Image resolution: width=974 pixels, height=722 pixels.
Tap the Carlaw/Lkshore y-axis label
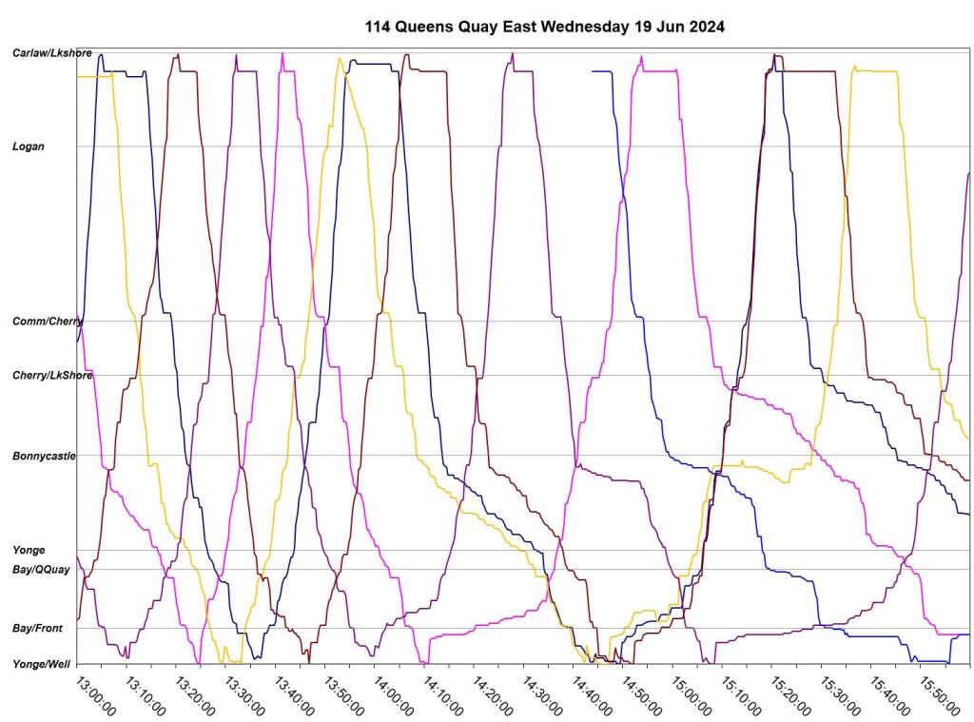[x=51, y=53]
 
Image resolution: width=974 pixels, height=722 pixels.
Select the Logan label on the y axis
[x=29, y=146]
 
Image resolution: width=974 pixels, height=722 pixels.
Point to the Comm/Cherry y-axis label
[x=47, y=322]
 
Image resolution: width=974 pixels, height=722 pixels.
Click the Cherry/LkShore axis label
[x=51, y=376]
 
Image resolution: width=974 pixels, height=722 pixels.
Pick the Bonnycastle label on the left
[x=43, y=457]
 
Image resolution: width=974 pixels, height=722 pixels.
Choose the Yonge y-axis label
[x=28, y=550]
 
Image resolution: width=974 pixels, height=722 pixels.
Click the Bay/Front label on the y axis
[x=37, y=629]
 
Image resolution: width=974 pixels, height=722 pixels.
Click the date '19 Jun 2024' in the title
[x=678, y=27]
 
